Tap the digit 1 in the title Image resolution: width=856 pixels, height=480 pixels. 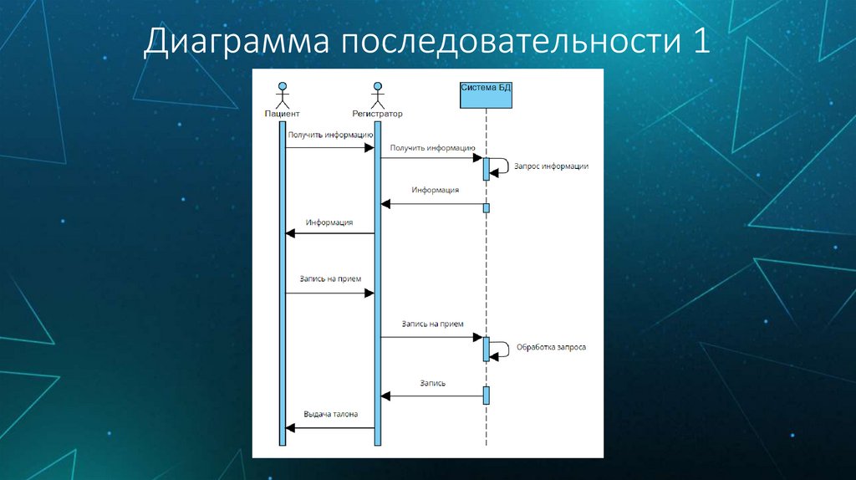pos(701,42)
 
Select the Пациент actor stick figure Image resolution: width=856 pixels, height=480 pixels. pos(283,94)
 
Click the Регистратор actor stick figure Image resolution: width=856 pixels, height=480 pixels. pos(378,94)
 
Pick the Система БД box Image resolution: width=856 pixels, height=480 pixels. pos(486,93)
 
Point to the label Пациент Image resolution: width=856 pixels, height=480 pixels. pos(282,113)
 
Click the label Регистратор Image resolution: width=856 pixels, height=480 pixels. pos(378,113)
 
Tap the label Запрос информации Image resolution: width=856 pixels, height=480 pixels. pos(552,166)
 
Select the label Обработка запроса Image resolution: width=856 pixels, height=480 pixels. pos(551,346)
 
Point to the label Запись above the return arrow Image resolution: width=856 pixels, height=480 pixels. pos(433,383)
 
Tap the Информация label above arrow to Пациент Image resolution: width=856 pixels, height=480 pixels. pos(329,222)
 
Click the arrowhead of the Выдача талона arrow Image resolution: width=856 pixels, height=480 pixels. pos(290,428)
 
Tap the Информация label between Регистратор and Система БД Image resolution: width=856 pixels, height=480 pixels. pos(435,190)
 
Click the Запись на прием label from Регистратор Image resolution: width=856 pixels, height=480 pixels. pos(432,323)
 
